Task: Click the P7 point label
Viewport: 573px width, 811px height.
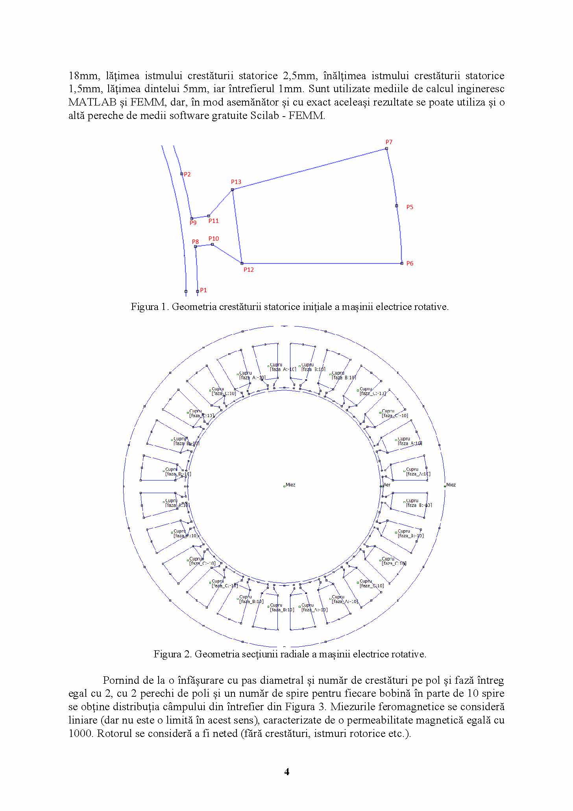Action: click(x=389, y=142)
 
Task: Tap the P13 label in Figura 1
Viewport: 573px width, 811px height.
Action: click(x=236, y=182)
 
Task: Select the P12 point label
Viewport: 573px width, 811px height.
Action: click(x=248, y=269)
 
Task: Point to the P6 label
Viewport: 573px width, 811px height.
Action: click(x=410, y=263)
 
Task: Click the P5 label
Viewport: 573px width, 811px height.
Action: click(x=410, y=207)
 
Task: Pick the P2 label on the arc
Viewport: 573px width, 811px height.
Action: click(x=187, y=174)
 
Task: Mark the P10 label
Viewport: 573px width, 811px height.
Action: click(x=214, y=238)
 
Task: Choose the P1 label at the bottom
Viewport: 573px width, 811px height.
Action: click(x=203, y=290)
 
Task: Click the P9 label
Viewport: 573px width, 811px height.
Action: click(x=193, y=223)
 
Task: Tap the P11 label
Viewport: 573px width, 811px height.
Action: click(x=214, y=221)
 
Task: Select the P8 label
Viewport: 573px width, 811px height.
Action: click(x=195, y=241)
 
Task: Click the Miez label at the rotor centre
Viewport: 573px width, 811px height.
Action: click(x=290, y=484)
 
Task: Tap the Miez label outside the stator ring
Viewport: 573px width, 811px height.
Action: click(x=451, y=484)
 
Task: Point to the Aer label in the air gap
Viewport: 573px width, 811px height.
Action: click(x=387, y=484)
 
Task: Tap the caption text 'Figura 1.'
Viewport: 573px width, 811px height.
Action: click(x=150, y=306)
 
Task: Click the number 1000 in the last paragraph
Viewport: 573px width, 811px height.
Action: click(x=81, y=733)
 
